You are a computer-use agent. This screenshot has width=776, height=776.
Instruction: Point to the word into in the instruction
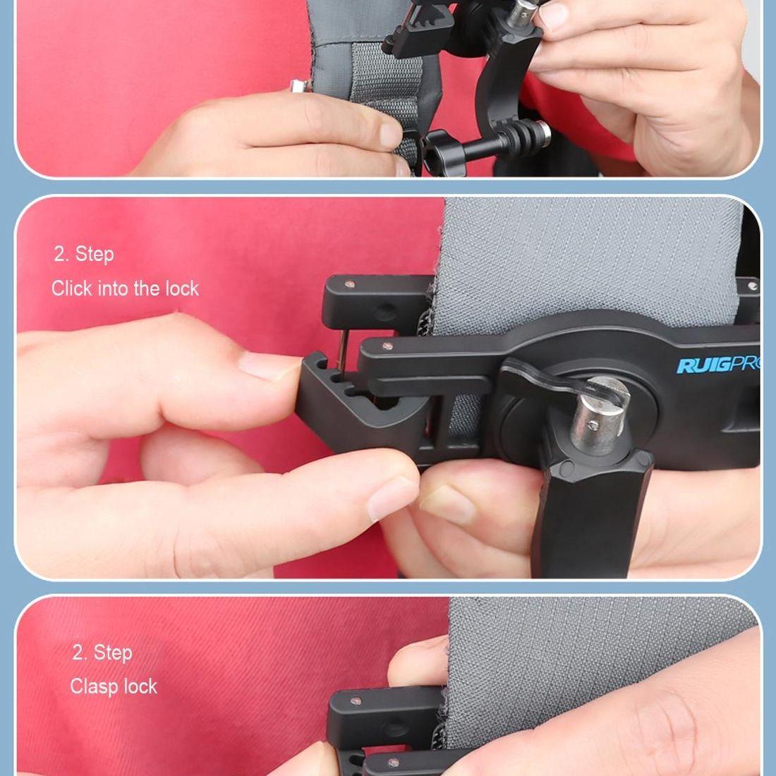point(113,289)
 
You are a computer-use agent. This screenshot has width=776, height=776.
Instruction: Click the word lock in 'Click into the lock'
point(182,289)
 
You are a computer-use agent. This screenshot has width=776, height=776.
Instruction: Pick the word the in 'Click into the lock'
point(147,289)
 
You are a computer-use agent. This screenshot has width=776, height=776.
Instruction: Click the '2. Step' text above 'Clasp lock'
point(102,653)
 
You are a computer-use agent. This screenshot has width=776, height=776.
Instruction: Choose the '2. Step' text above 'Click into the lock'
point(84,254)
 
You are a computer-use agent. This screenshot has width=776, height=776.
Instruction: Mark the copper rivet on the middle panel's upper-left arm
point(351,284)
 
